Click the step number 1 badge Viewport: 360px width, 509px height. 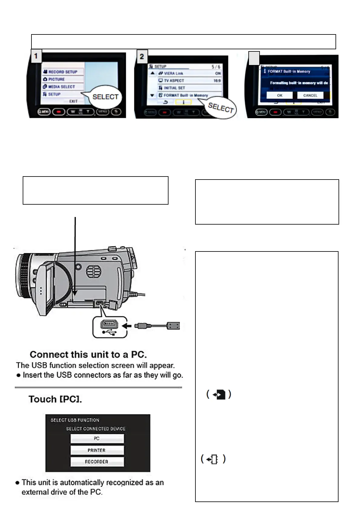[36, 56]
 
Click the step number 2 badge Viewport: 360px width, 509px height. [142, 57]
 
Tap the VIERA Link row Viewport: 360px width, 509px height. [189, 73]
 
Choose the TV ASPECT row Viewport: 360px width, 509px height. [189, 81]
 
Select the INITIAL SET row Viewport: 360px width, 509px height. [189, 88]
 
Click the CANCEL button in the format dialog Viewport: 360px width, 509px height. [310, 96]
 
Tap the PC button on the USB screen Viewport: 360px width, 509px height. [97, 439]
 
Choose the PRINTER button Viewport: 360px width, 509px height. [97, 450]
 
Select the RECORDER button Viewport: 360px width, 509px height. [97, 462]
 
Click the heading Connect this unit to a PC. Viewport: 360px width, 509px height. [88, 355]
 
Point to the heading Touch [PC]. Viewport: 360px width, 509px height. [55, 399]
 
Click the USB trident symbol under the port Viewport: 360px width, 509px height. [110, 332]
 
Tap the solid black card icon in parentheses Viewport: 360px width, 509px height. [219, 394]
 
